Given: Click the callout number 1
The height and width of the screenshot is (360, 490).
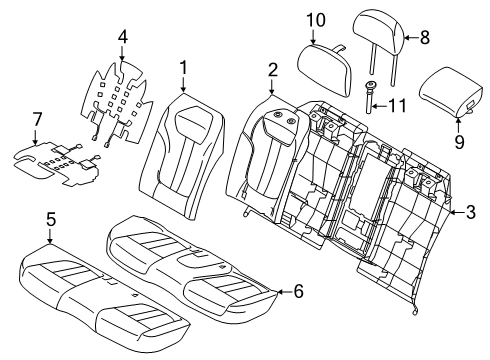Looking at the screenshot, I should click(x=183, y=68).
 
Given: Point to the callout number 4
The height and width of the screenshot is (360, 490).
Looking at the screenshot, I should click(x=122, y=39).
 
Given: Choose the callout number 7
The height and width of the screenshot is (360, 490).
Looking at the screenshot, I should click(x=37, y=120).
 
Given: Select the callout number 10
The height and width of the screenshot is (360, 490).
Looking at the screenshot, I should click(x=316, y=19).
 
